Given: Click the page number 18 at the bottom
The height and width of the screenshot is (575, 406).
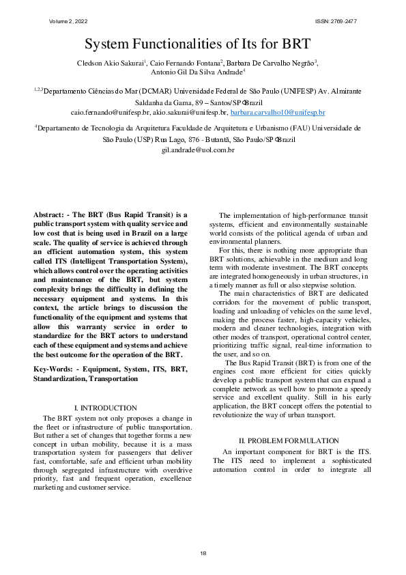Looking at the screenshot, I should point(203,552).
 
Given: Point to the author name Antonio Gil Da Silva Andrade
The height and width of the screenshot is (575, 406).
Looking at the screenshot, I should point(197,72).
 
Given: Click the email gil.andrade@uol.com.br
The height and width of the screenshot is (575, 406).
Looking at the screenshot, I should point(198,149).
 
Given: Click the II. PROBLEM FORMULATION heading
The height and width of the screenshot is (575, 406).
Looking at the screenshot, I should point(288,440).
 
